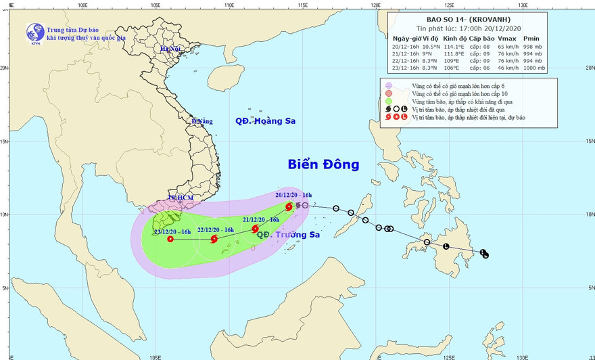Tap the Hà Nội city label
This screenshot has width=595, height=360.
click(170, 49)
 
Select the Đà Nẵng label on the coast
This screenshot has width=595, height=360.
click(201, 121)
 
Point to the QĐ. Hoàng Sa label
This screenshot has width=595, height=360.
click(265, 121)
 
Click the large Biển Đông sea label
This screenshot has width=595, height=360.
click(323, 164)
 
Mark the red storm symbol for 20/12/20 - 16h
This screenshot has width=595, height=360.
click(289, 206)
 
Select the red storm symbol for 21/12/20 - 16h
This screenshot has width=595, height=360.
click(255, 229)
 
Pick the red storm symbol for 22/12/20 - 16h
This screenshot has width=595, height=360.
click(214, 238)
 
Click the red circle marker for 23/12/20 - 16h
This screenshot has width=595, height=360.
click(170, 238)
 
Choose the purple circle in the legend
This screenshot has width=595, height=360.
click(388, 85)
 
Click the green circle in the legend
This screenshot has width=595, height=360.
click(388, 102)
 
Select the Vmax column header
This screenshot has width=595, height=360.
click(508, 38)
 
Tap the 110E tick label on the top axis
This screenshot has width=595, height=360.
click(228, 5)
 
